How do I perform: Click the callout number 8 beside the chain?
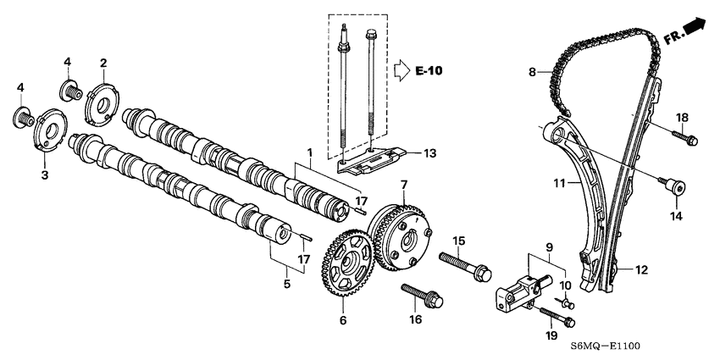coord(532,73)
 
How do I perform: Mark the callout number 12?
coord(641,269)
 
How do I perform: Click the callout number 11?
coord(558,182)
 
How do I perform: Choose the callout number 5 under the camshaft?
coord(287,283)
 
